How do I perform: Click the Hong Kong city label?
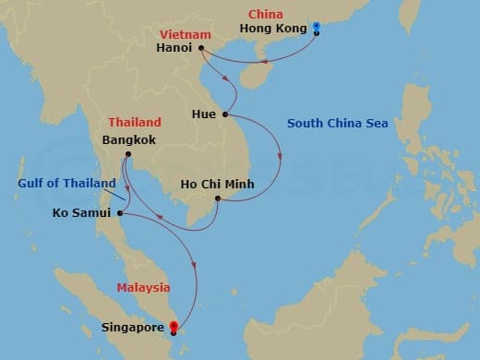click(272, 29)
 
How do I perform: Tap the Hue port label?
click(205, 114)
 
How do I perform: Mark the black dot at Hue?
click(224, 114)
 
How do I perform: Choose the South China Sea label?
click(338, 123)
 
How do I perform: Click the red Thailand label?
click(135, 122)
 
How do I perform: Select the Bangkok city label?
click(129, 140)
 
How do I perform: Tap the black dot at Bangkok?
click(128, 153)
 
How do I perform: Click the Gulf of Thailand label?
click(65, 183)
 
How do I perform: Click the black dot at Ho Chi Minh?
click(217, 198)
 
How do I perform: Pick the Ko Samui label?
click(79, 214)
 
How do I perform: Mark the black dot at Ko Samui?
click(119, 214)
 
